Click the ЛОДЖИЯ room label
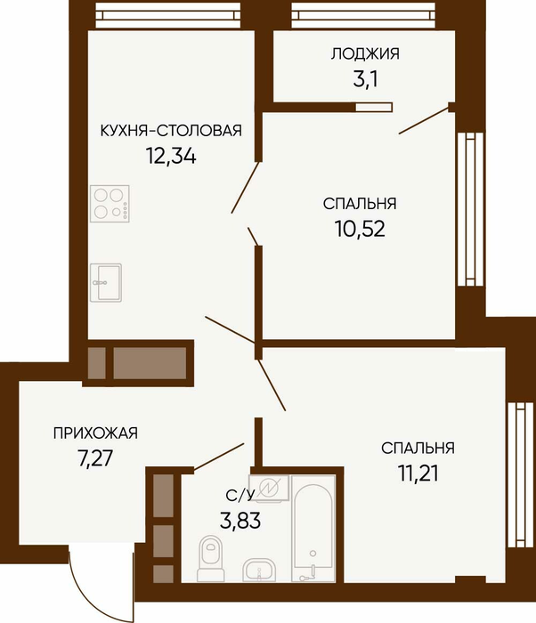point(365,53)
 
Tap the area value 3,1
point(365,79)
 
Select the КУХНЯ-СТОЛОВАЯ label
point(171,130)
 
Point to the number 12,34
point(171,156)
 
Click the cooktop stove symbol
point(110,204)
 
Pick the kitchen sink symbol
point(106,282)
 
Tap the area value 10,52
point(360,229)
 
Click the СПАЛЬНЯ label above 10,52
point(360,204)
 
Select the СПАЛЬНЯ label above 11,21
point(418,448)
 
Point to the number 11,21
point(418,473)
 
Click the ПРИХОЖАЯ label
point(95,433)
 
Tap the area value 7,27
point(95,459)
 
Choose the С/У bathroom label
point(240,495)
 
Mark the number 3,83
point(240,520)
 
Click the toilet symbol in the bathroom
point(211,559)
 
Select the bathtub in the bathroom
point(313,530)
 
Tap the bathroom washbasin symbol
point(259,570)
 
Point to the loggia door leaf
point(424,120)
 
